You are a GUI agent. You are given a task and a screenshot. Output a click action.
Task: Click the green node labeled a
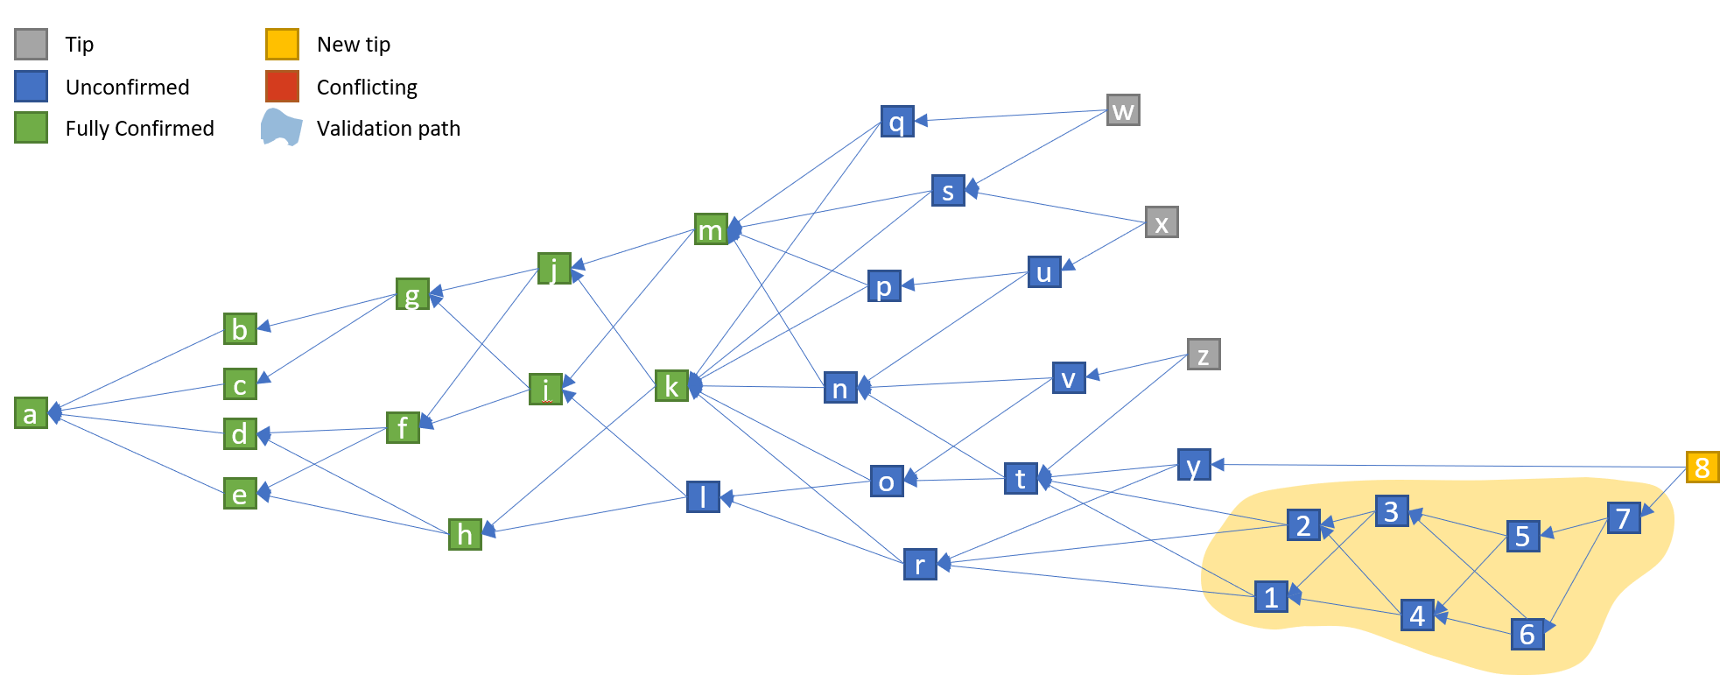[x=31, y=413]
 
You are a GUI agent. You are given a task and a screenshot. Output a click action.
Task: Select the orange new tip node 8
[x=1702, y=467]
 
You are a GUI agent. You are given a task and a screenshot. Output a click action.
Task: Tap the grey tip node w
[x=1123, y=110]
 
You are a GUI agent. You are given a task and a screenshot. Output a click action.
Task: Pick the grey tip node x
[x=1162, y=222]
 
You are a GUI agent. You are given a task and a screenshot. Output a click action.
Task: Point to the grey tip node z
[x=1204, y=355]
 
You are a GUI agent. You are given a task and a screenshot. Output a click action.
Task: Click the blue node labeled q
[x=897, y=122]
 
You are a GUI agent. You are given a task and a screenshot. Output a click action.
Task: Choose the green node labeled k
[x=671, y=385]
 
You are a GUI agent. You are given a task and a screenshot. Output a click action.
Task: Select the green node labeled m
[x=711, y=229]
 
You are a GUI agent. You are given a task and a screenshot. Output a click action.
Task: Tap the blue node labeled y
[x=1194, y=465]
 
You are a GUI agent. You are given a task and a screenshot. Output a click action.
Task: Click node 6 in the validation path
[x=1527, y=634]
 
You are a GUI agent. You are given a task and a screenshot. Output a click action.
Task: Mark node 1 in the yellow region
[x=1271, y=597]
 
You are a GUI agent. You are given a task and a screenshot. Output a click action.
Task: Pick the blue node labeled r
[x=920, y=565]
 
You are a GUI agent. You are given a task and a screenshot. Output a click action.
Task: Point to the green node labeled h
[x=465, y=533]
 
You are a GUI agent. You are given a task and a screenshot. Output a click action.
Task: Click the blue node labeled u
[x=1044, y=272]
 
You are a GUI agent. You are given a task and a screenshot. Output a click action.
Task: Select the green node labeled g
[x=412, y=294]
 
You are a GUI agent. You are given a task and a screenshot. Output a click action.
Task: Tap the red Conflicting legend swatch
[x=282, y=87]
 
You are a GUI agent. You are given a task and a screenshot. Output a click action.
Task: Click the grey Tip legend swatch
[x=32, y=44]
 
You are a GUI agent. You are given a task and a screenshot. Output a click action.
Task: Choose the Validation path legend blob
[x=282, y=128]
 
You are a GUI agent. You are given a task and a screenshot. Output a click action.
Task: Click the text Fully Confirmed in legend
[x=139, y=129]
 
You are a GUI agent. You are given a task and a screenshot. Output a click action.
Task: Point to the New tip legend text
[x=354, y=45]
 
